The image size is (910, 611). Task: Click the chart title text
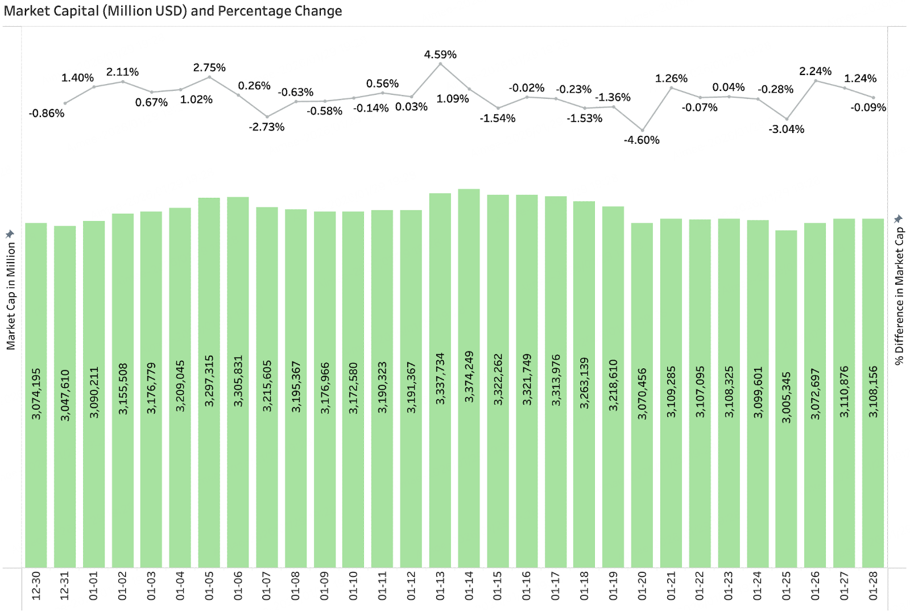(x=173, y=11)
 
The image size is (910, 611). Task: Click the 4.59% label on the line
(x=440, y=55)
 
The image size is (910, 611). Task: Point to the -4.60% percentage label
(x=642, y=140)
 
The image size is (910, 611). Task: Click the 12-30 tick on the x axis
(x=36, y=585)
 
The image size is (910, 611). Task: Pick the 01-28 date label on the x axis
(x=873, y=585)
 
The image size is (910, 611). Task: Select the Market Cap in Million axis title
(x=11, y=296)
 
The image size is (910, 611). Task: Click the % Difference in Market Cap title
(x=899, y=296)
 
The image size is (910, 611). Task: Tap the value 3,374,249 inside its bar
(x=469, y=377)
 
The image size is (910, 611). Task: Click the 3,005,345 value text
(x=787, y=397)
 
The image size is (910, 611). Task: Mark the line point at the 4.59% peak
(x=440, y=64)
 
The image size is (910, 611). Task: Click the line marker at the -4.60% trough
(x=643, y=130)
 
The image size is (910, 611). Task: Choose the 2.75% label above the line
(x=209, y=68)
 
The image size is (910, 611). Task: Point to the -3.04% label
(x=787, y=130)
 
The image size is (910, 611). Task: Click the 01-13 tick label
(x=440, y=585)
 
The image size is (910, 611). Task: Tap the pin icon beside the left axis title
(x=10, y=234)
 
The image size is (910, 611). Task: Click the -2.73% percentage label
(x=267, y=127)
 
